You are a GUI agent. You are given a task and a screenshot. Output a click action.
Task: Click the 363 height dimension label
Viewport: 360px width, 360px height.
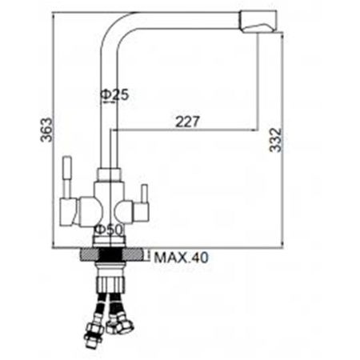pyautogui.click(x=46, y=130)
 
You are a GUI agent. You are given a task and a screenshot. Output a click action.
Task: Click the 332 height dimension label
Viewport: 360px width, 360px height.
pyautogui.click(x=275, y=140)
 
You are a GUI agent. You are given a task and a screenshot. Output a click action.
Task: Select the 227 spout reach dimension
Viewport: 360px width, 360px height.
pyautogui.click(x=187, y=122)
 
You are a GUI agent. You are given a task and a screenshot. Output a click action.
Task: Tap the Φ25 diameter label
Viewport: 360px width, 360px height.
pyautogui.click(x=114, y=94)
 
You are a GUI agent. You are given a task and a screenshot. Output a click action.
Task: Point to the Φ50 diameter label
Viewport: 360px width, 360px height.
pyautogui.click(x=110, y=230)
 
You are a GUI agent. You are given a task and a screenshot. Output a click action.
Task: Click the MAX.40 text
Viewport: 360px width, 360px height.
pyautogui.click(x=181, y=258)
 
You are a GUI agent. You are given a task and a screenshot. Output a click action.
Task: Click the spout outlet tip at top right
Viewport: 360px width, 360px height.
pyautogui.click(x=258, y=22)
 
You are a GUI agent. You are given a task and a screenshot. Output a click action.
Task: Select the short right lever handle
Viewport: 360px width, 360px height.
pyautogui.click(x=144, y=194)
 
